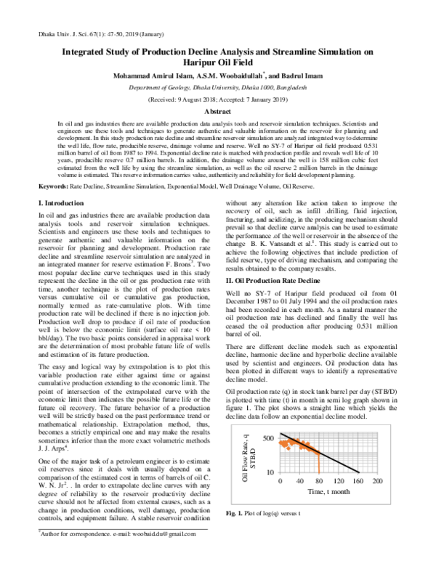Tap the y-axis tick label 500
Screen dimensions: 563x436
click(x=249, y=439)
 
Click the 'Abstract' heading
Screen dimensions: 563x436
click(x=217, y=112)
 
